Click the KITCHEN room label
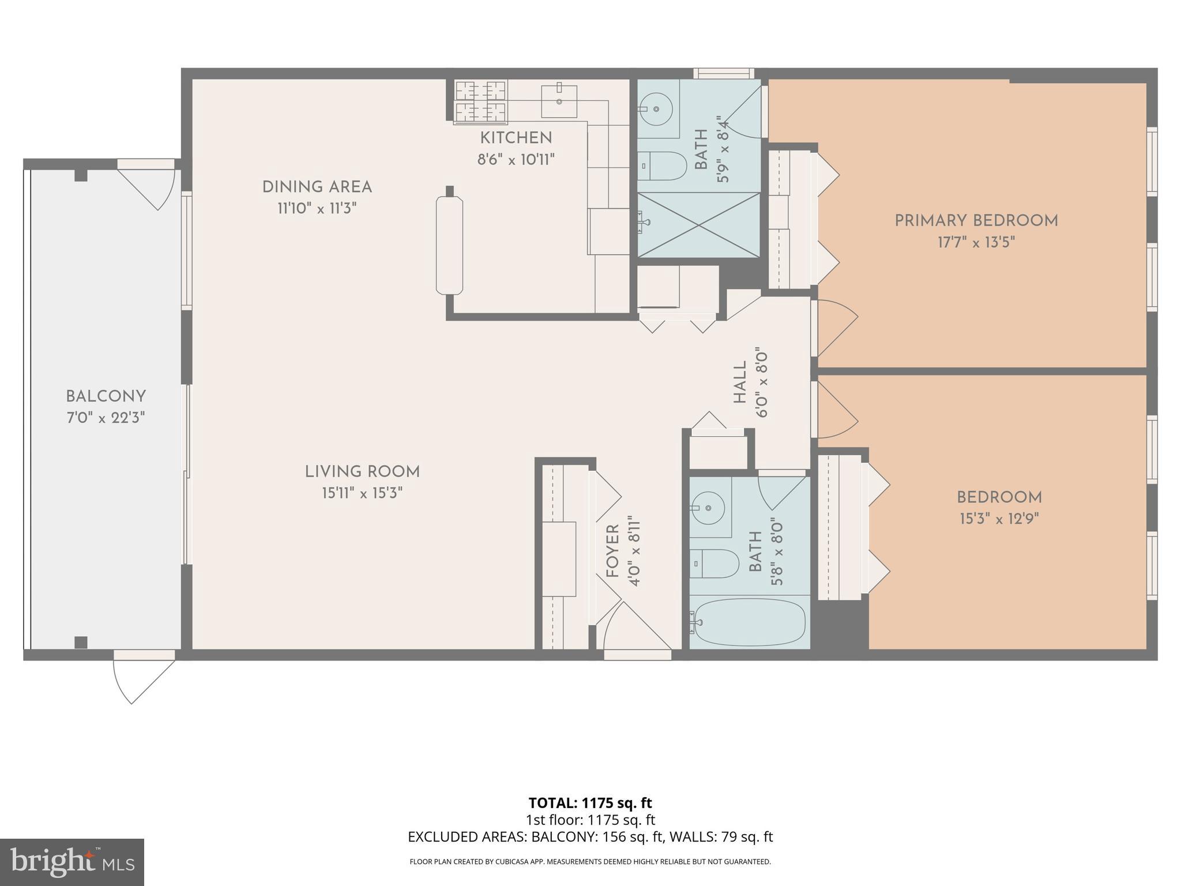(516, 138)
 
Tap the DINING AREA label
(317, 187)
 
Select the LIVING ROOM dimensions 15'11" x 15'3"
(362, 493)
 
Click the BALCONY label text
(106, 396)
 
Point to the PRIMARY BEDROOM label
(976, 220)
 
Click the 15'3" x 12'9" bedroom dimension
(999, 519)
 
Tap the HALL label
(740, 382)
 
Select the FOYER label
(612, 550)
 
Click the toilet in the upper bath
(663, 166)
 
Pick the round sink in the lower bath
(708, 508)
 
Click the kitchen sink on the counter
(559, 102)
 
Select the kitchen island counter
(449, 245)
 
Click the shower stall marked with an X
(698, 225)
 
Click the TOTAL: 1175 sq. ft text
(590, 802)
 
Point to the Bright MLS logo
(72, 862)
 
